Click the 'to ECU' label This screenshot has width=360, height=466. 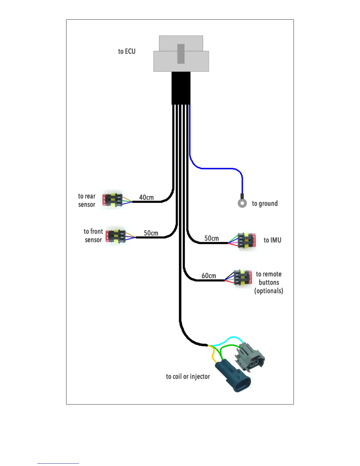(127, 51)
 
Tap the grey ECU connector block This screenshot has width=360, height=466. (181, 54)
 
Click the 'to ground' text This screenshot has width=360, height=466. (265, 204)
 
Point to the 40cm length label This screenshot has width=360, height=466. (146, 197)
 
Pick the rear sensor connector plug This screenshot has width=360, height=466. (112, 200)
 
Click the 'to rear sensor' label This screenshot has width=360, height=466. (87, 200)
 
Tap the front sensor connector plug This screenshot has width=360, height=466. (116, 236)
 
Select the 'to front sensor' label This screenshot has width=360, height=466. (93, 235)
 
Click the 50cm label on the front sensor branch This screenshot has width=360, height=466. (151, 233)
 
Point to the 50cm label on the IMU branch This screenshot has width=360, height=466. (212, 238)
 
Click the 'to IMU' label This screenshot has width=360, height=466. (273, 240)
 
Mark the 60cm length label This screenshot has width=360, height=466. (209, 276)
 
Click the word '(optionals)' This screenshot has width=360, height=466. (269, 291)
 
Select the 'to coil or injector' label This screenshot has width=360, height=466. (188, 377)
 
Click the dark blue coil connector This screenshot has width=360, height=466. (233, 375)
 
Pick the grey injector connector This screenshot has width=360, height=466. (250, 357)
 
